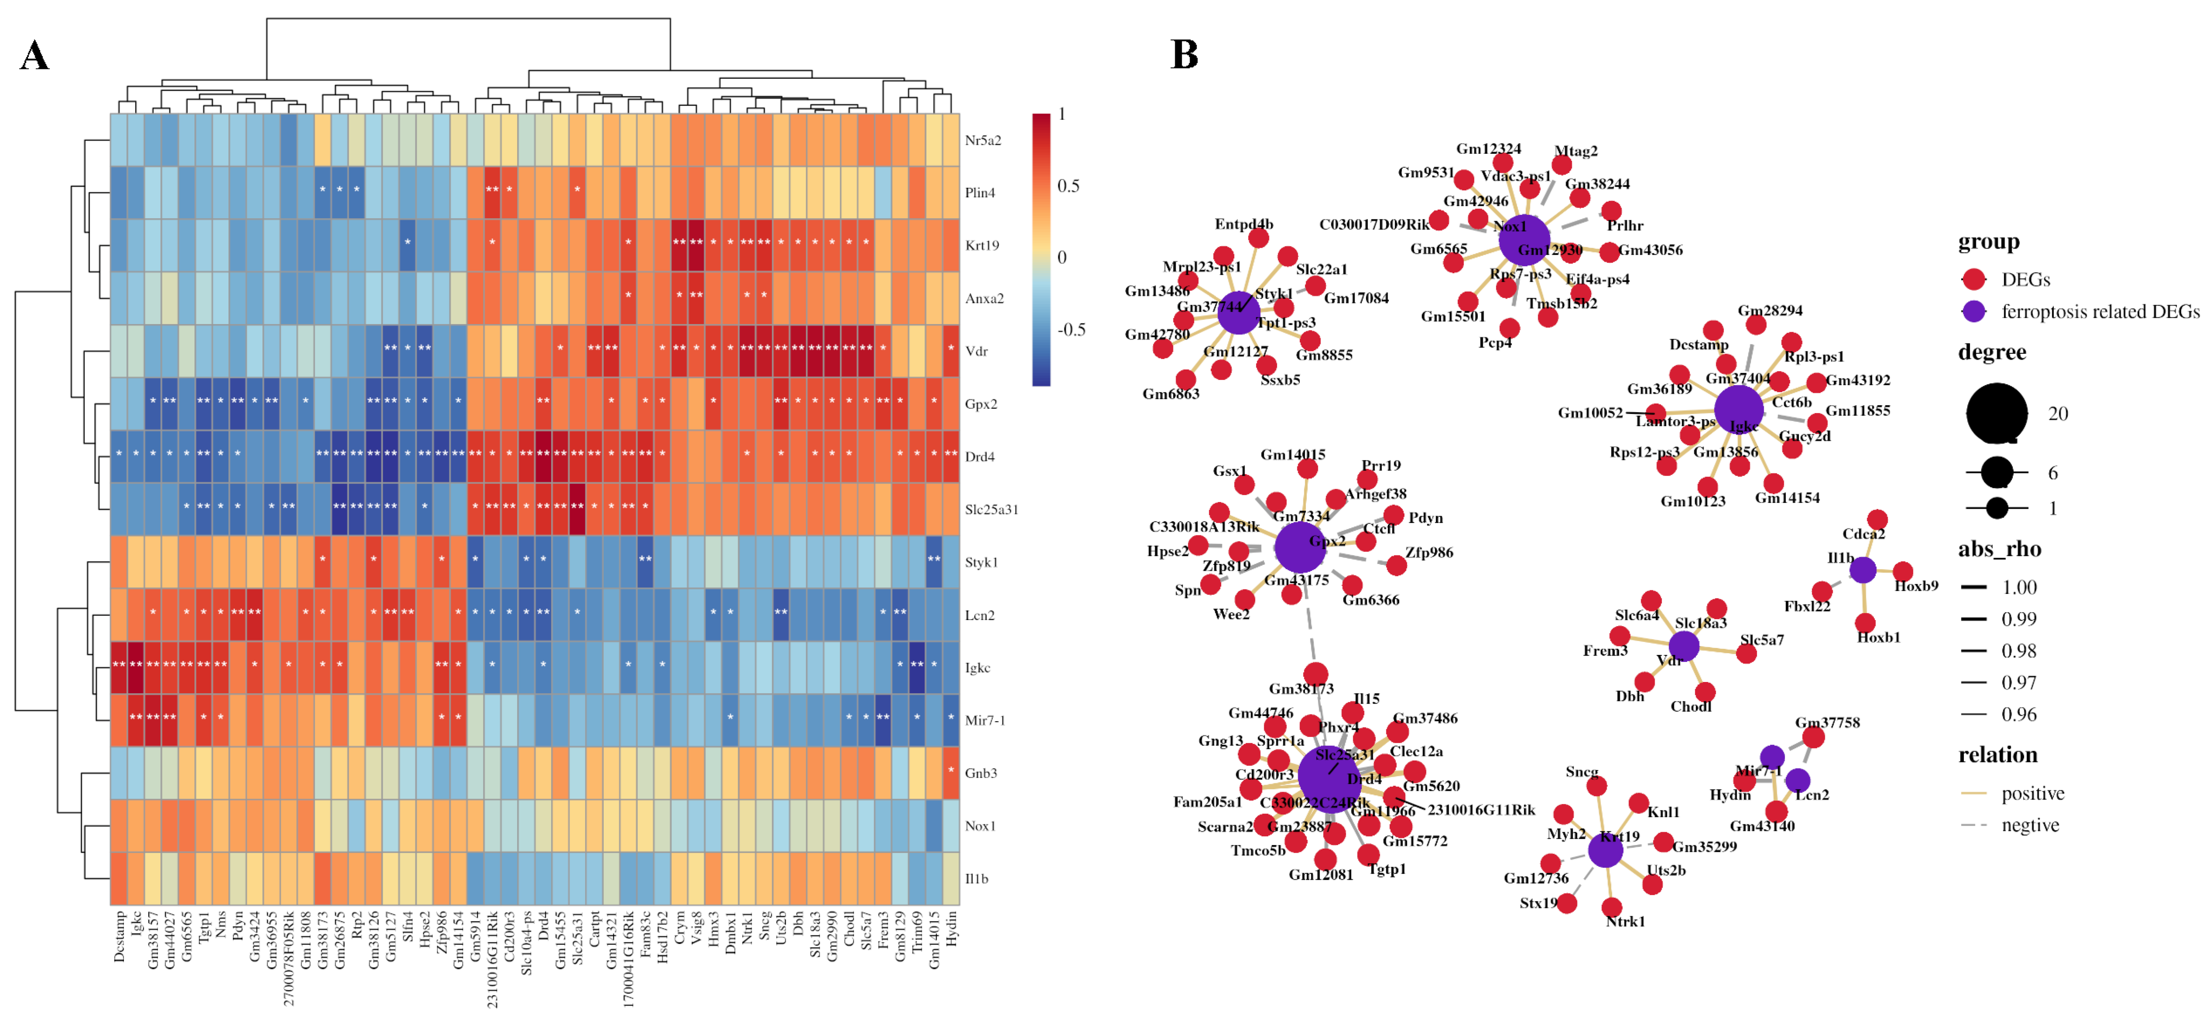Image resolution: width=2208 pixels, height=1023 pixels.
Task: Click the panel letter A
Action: (34, 57)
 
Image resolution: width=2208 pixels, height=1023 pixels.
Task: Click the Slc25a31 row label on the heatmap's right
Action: (991, 510)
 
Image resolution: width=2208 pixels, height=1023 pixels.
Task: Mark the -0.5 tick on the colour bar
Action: (1072, 330)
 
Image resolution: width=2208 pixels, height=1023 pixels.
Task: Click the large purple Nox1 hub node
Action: (1524, 241)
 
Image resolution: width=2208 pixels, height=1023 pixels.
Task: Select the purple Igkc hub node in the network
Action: (1738, 409)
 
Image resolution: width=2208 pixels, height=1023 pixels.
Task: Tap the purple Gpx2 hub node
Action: (1299, 547)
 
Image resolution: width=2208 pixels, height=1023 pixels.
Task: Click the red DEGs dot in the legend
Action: (1974, 279)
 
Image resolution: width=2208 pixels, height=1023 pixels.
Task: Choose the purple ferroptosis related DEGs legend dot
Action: (1974, 312)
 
